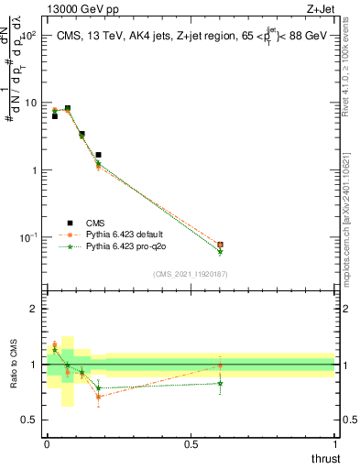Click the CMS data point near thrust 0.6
220,245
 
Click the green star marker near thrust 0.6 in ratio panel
220,383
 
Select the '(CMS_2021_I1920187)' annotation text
190,273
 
